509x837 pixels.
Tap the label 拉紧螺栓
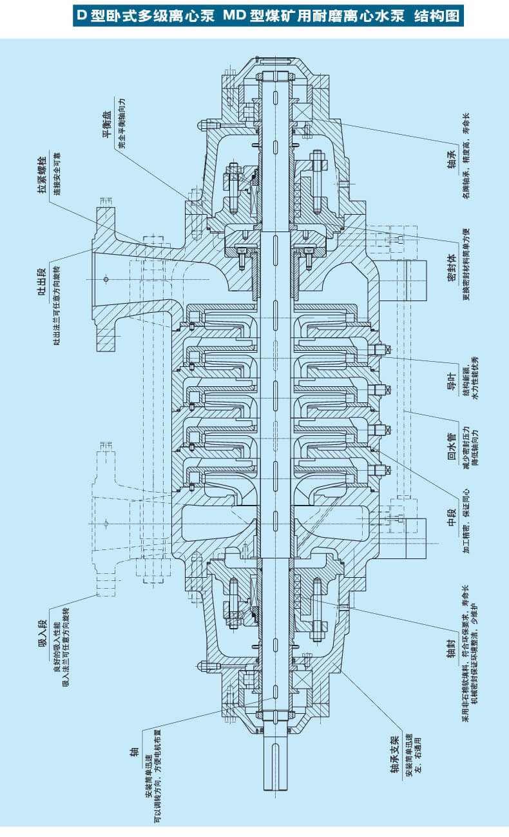pos(42,186)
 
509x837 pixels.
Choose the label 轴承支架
pos(395,751)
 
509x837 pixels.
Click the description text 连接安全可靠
pos(56,187)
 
